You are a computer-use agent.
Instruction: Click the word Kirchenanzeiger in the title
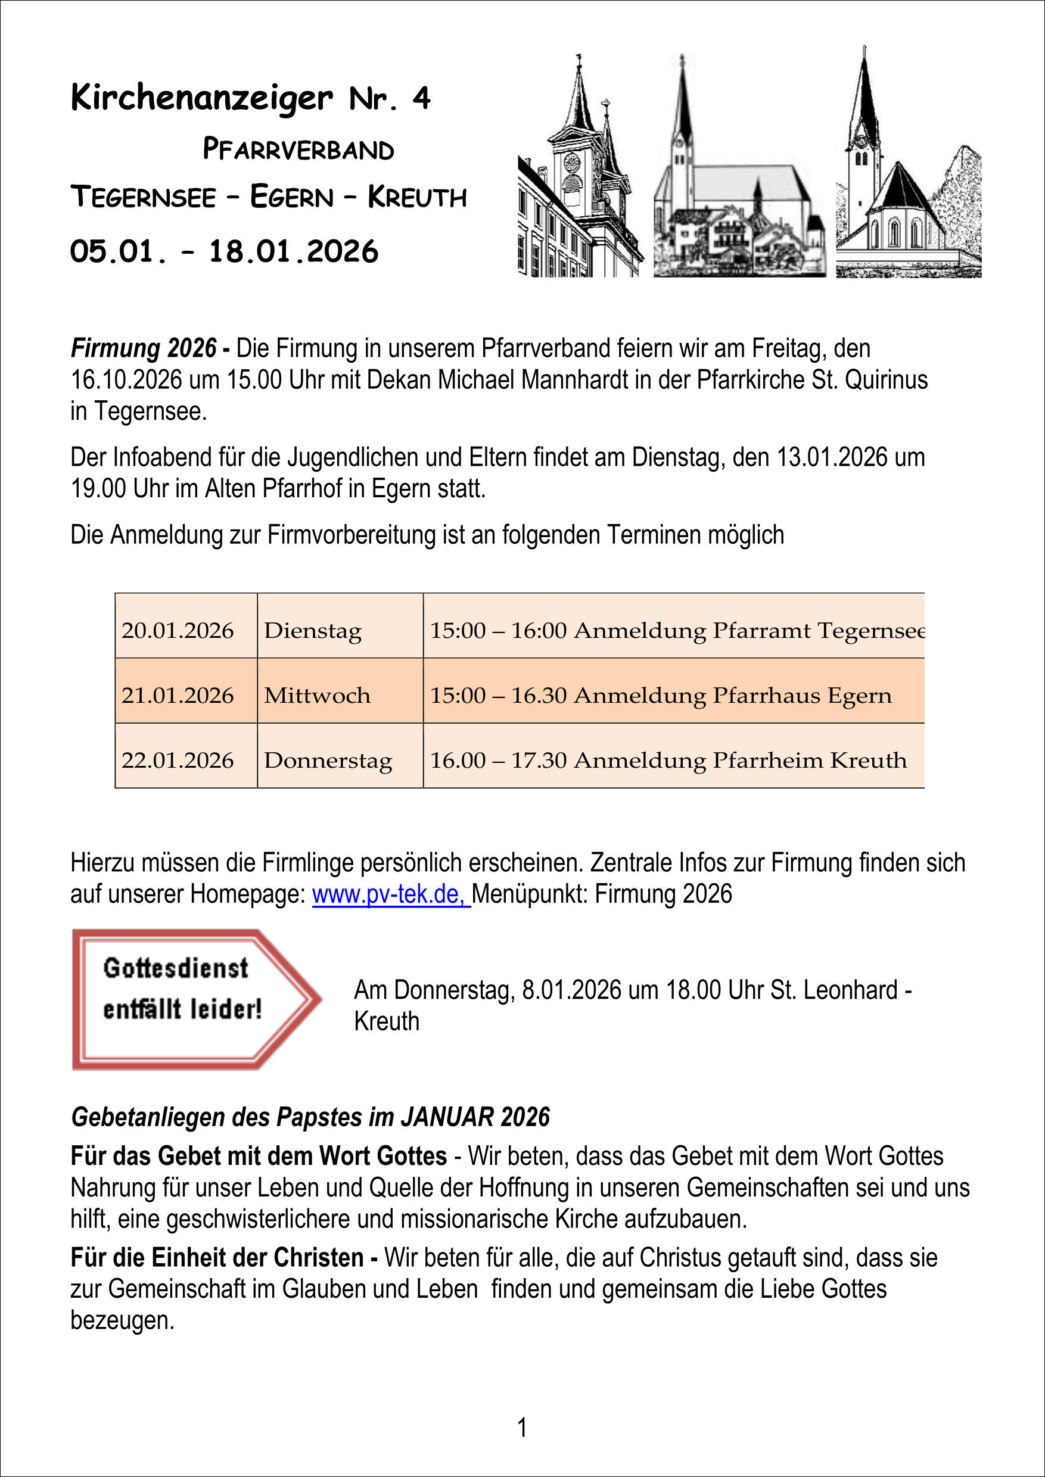(x=201, y=98)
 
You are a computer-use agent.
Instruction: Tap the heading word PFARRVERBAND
(x=298, y=149)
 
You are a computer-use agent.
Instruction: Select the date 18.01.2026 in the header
(x=294, y=251)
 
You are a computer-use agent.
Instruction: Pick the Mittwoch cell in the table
(x=317, y=696)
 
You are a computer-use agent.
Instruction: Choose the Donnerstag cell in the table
(x=328, y=761)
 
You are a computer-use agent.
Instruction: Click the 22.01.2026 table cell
(x=178, y=761)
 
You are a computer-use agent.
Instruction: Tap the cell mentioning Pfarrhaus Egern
(x=661, y=696)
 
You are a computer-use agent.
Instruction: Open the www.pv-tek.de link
(x=391, y=894)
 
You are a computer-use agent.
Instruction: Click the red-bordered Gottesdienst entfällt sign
(x=193, y=998)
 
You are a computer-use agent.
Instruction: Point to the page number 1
(x=522, y=1428)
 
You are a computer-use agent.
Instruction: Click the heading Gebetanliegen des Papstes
(x=310, y=1117)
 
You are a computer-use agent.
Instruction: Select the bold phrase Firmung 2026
(x=144, y=348)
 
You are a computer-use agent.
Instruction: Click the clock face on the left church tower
(x=571, y=162)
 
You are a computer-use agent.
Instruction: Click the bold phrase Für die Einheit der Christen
(x=217, y=1257)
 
